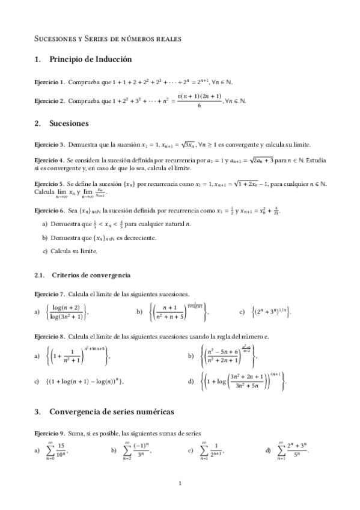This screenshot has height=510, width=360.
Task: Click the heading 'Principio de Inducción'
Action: (90, 60)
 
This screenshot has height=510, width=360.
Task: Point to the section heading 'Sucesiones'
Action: (69, 123)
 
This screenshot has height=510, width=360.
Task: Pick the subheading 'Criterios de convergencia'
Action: (91, 275)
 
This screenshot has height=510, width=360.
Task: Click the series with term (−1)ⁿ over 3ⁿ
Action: (138, 450)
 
